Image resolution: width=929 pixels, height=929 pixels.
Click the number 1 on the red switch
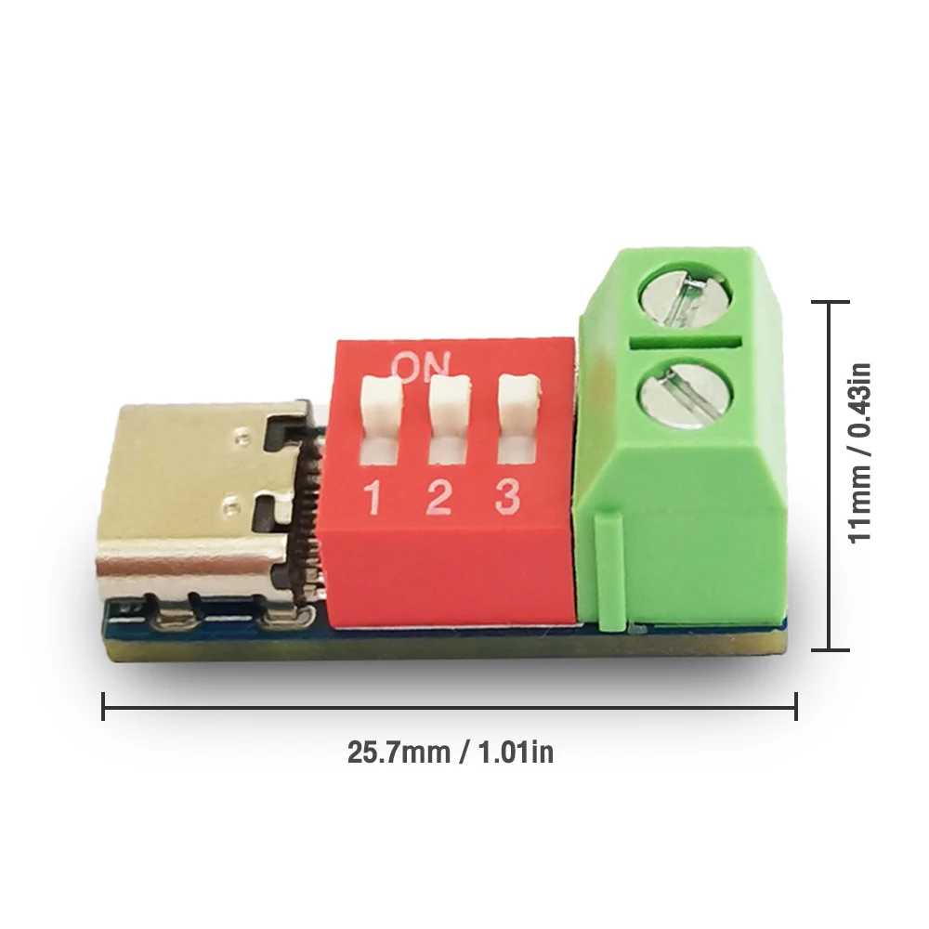373,499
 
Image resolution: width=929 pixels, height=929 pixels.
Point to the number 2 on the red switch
438,499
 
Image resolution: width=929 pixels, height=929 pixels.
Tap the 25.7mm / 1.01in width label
451,752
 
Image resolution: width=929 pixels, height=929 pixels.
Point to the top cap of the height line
826,302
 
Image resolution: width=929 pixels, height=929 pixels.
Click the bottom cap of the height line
826,650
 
